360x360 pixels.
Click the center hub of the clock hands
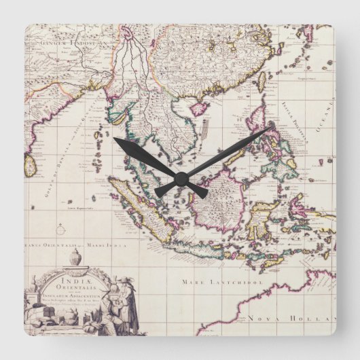point(180,180)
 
